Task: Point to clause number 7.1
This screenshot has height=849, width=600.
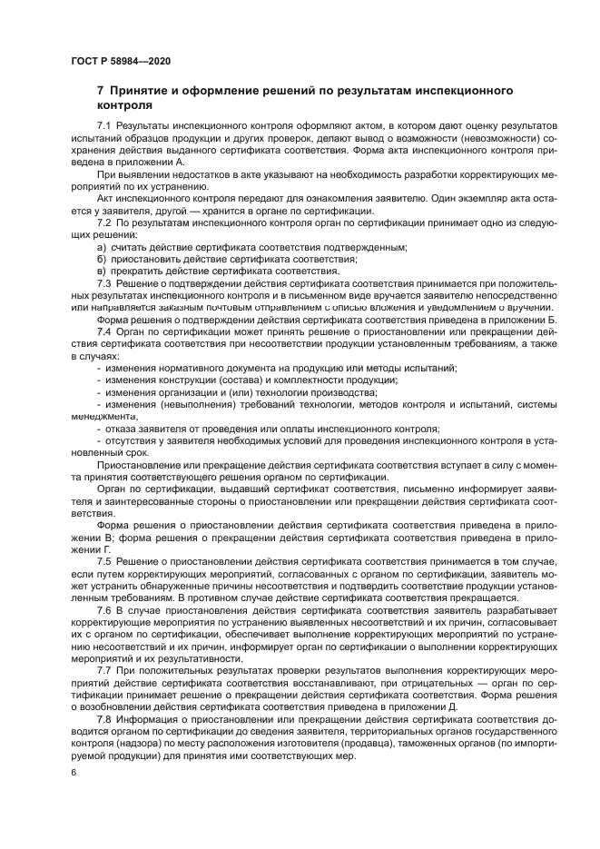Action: coord(103,124)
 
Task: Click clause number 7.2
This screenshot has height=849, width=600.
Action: coord(103,222)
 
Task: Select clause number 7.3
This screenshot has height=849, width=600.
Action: coord(103,282)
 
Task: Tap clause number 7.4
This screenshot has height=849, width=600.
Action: coord(103,331)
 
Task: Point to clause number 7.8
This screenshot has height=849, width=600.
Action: coord(103,719)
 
